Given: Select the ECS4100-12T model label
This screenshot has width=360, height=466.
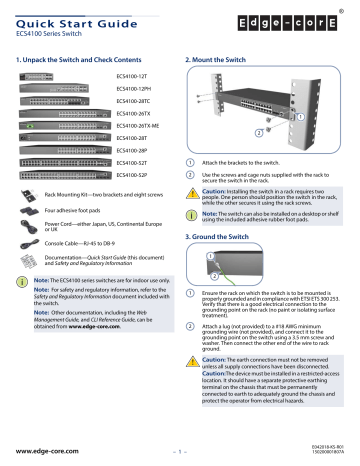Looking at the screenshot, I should (x=135, y=77).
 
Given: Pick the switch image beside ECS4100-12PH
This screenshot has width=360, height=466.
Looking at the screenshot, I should (x=50, y=89).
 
